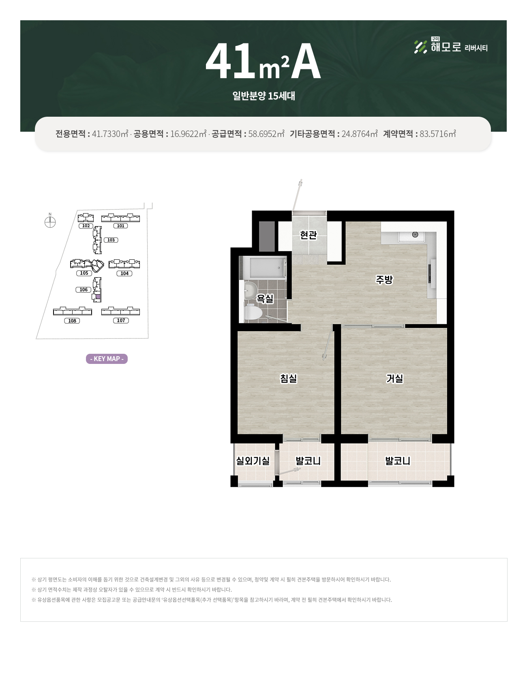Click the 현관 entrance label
[x=308, y=235]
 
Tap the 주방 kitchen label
[x=384, y=280]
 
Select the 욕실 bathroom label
[x=265, y=299]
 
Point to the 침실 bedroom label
[x=289, y=379]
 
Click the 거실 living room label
[x=395, y=379]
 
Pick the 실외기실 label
[x=253, y=461]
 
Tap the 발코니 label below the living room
[x=398, y=461]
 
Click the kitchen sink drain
[x=415, y=235]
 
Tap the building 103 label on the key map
[x=111, y=240]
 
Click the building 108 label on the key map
[x=72, y=321]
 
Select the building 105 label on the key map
[x=84, y=273]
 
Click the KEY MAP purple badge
[x=107, y=359]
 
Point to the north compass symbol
[x=50, y=222]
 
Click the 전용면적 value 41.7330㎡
[x=110, y=134]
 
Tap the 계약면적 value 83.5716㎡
[x=438, y=134]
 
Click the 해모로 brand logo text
[x=446, y=47]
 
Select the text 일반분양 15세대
[x=263, y=96]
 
